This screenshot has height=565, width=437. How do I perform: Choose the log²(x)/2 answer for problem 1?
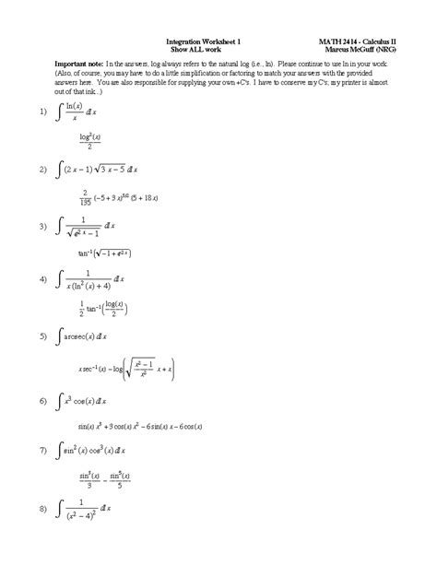[89, 142]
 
